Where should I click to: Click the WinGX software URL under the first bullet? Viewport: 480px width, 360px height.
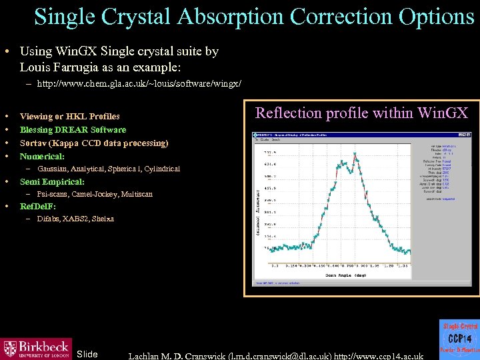coord(139,84)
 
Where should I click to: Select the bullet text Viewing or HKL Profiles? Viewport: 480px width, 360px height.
coord(70,116)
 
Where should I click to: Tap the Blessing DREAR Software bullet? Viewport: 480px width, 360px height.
coord(73,129)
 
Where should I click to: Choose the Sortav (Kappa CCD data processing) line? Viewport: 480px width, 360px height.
coord(94,143)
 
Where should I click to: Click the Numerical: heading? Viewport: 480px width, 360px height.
coord(42,156)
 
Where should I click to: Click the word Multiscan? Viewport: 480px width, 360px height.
coord(137,194)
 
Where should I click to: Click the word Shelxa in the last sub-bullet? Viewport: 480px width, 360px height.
coord(103,219)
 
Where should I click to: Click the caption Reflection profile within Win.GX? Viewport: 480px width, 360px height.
coord(362,113)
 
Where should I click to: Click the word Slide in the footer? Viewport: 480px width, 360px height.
coord(87,354)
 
